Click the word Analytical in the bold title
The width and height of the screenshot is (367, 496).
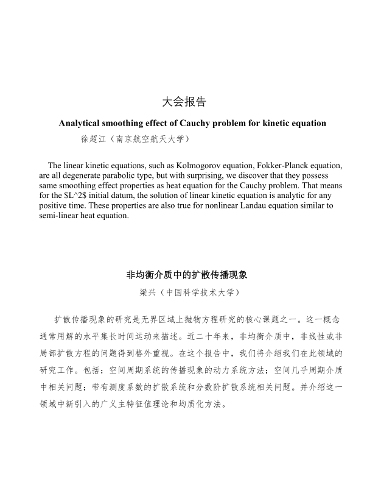coord(81,123)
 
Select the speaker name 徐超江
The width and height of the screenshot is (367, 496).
coord(93,139)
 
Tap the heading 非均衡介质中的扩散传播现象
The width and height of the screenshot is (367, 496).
coord(187,275)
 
